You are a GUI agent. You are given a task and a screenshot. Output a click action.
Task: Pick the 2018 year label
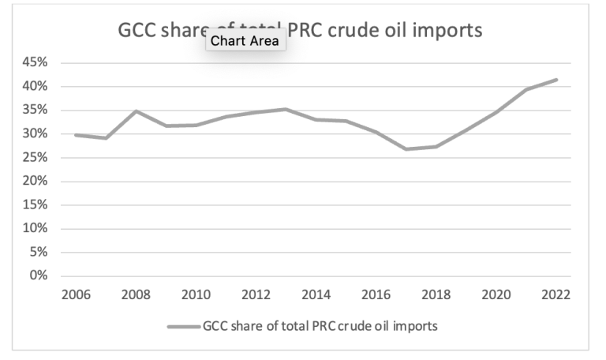435,295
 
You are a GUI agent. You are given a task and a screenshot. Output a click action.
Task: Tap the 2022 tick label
556,295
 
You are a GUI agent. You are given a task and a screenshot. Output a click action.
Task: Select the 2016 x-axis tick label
376,295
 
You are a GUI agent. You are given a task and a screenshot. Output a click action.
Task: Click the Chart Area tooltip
245,41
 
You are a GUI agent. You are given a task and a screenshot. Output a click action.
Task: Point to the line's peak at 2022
556,80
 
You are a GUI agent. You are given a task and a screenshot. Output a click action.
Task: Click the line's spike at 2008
137,111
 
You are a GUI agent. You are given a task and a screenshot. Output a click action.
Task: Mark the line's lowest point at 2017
406,148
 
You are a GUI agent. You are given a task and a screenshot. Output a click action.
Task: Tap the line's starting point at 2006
77,135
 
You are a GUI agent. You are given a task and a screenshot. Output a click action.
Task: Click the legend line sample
184,324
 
